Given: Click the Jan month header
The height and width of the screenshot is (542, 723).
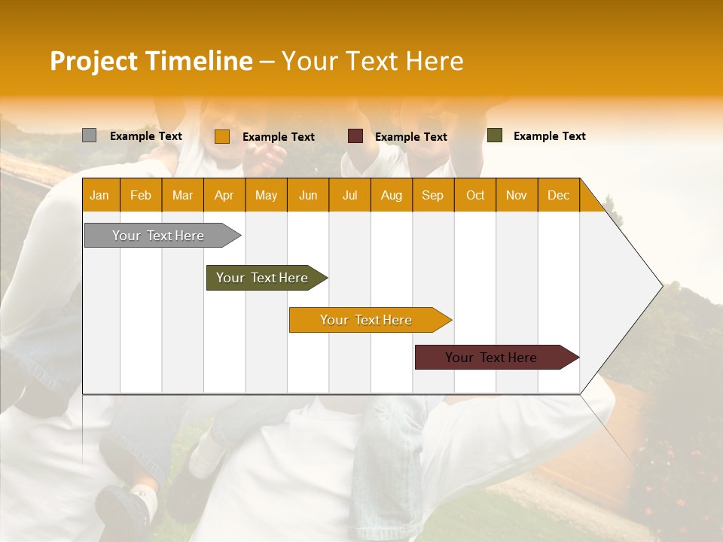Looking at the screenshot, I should (99, 195).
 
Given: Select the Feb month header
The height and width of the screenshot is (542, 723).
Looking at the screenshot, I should (141, 195).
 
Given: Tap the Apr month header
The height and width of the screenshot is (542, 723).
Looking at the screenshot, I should (224, 195).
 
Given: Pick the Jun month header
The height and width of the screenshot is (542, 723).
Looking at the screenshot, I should (308, 195).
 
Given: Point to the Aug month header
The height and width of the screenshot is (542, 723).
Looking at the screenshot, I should (391, 195).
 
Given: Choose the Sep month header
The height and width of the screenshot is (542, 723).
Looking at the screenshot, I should (432, 195).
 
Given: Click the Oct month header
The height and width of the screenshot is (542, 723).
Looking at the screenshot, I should (475, 195).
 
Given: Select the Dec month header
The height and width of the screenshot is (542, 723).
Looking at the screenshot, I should (558, 195).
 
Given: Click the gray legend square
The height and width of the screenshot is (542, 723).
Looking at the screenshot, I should (89, 135).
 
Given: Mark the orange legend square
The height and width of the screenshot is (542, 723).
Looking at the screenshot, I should (221, 136).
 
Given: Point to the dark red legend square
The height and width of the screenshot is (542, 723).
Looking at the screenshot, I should (355, 136).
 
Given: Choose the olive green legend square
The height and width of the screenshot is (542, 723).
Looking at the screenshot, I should (494, 135).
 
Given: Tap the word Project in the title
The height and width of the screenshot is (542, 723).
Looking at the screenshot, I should (93, 61).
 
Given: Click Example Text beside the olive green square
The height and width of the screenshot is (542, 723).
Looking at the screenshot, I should (549, 136).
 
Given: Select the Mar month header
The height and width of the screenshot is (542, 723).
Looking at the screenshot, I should (182, 195).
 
